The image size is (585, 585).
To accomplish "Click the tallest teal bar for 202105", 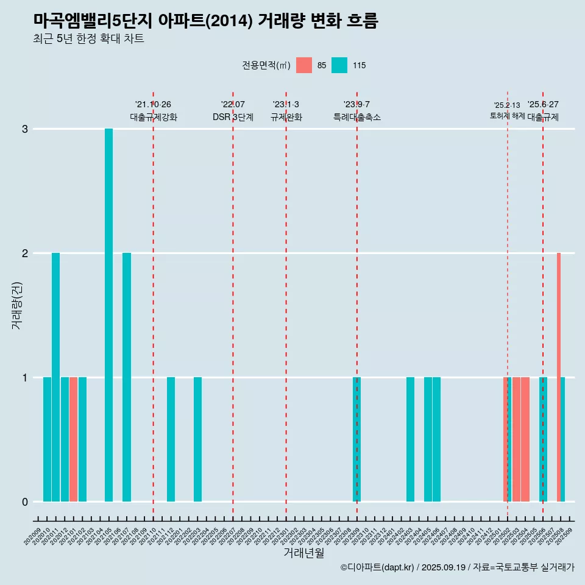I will [x=108, y=315].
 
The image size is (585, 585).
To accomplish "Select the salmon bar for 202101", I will [x=73, y=439].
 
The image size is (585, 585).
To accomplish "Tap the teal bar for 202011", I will [x=55, y=377].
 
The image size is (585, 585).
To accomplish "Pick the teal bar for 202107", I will [x=127, y=377].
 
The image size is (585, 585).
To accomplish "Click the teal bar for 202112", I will [x=171, y=439].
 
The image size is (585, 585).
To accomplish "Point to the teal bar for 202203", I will [x=197, y=439].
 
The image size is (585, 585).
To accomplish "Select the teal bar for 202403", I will [x=410, y=439].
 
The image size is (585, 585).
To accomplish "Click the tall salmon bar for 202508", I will [x=558, y=377].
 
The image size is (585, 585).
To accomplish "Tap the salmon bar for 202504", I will [x=525, y=439].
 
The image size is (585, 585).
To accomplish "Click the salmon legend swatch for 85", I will [x=303, y=65].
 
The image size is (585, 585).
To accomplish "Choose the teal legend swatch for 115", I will [x=339, y=65].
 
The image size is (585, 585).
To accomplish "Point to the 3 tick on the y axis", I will [x=25, y=129].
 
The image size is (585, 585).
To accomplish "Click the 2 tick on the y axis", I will [x=25, y=253].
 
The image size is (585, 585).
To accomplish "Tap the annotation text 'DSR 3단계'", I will [x=233, y=117].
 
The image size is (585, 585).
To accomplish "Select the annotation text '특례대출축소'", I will [x=356, y=117].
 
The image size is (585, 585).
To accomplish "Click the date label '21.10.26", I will [x=153, y=104].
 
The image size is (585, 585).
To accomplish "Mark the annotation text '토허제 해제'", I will [x=507, y=116].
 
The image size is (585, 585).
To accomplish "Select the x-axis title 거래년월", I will [x=303, y=553].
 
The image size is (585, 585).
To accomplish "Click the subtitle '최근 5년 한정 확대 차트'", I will [x=89, y=39].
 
